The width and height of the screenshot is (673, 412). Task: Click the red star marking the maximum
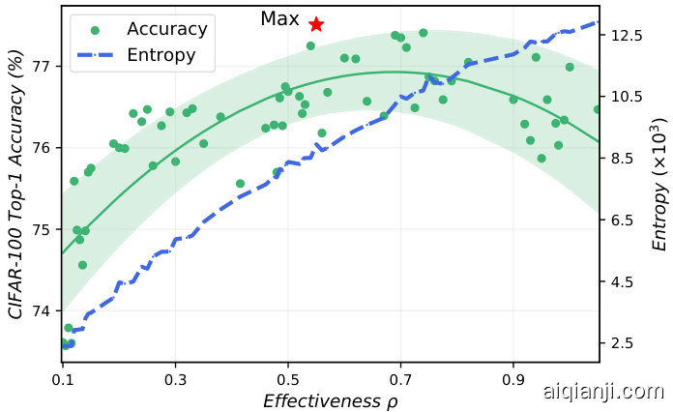pyautogui.click(x=316, y=24)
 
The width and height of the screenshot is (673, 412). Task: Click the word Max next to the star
pyautogui.click(x=279, y=19)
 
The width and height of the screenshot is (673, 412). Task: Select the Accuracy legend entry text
pyautogui.click(x=167, y=29)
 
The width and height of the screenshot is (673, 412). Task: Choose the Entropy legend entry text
pyautogui.click(x=161, y=55)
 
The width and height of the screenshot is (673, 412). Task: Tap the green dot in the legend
pyautogui.click(x=95, y=30)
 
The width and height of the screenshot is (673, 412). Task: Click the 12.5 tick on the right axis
pyautogui.click(x=627, y=35)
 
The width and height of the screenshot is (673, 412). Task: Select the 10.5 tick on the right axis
pyautogui.click(x=627, y=97)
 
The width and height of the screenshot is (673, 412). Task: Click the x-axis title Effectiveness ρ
pyautogui.click(x=323, y=400)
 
